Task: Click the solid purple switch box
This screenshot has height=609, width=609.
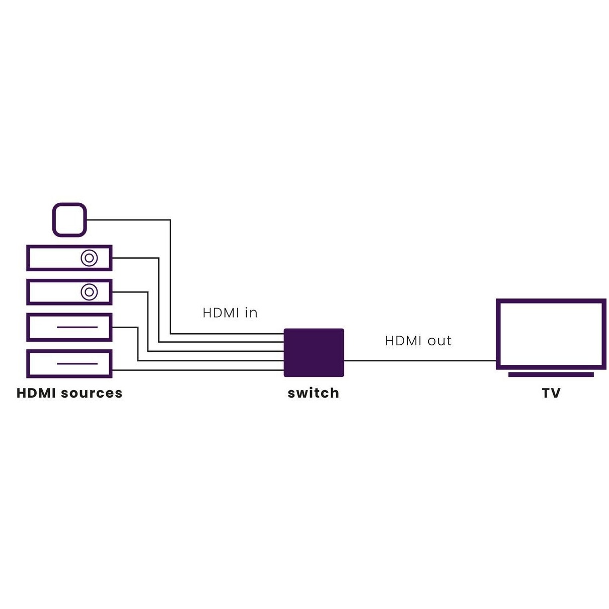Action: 314,352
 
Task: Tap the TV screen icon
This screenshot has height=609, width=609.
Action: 551,334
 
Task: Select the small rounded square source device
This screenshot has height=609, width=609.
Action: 69,219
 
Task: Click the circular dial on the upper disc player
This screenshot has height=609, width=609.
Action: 89,258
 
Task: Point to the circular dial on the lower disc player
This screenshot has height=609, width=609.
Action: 89,291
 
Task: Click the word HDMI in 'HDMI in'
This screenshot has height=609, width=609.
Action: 221,313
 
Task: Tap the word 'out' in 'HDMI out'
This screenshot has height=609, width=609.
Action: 440,341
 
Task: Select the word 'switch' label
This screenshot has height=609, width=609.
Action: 313,393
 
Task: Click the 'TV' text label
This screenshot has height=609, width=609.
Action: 551,393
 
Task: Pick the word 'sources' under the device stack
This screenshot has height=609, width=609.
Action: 92,393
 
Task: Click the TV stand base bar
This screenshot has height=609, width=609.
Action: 551,374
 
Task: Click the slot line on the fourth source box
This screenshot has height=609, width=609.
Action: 77,327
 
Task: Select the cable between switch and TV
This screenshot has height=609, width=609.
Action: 420,360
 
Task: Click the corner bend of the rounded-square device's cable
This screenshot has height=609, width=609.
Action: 170,220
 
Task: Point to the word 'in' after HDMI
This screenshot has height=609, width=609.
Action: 251,313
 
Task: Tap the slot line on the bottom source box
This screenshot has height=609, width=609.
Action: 77,363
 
